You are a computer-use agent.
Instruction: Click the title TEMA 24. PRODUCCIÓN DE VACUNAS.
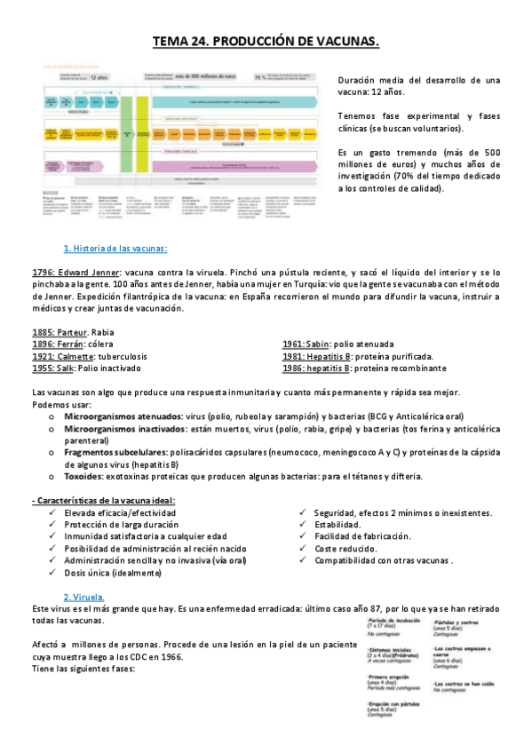point(266,41)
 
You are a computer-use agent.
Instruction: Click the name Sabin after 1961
point(318,344)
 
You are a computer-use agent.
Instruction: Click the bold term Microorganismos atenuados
point(123,416)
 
